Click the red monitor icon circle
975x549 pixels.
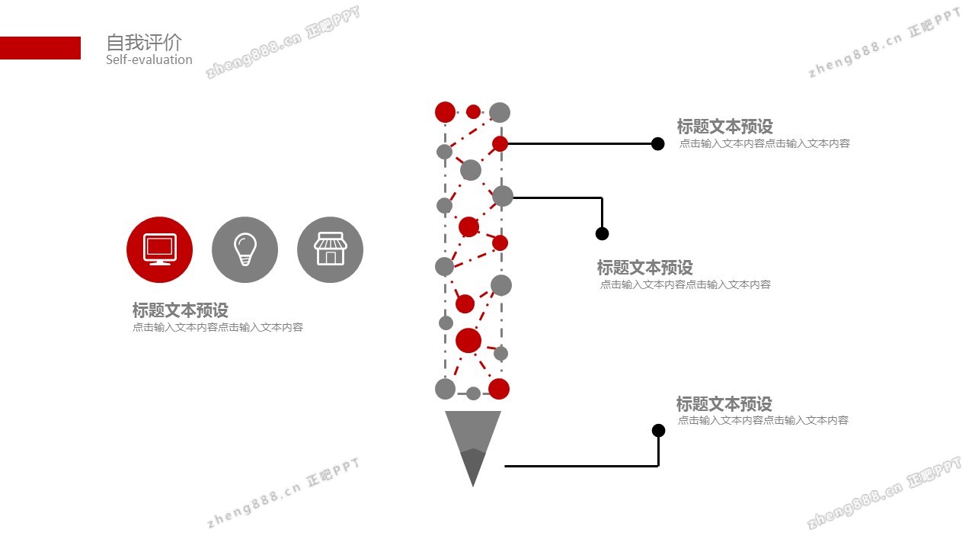(159, 249)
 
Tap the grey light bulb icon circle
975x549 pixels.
(245, 249)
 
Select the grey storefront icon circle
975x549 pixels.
(330, 249)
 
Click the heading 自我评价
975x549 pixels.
(144, 43)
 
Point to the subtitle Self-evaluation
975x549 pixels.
(149, 60)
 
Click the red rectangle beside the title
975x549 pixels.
(40, 48)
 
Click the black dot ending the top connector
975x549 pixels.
(658, 143)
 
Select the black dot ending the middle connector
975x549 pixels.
(602, 233)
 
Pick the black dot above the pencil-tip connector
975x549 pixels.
(659, 431)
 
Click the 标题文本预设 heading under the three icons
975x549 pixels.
(181, 310)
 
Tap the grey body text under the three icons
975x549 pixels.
(218, 328)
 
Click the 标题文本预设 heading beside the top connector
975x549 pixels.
(725, 127)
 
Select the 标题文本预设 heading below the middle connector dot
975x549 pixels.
(645, 268)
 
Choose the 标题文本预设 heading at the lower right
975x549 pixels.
(724, 404)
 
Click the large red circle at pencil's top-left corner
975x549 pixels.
(445, 112)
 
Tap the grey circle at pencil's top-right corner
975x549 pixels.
(500, 113)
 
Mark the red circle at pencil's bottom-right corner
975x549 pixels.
(499, 389)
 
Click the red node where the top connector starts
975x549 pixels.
(500, 143)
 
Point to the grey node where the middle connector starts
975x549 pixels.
(503, 197)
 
